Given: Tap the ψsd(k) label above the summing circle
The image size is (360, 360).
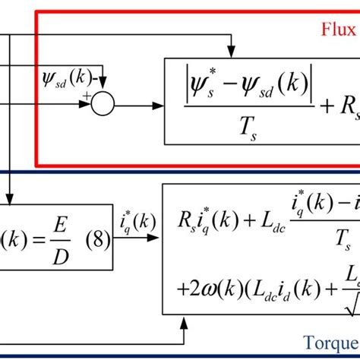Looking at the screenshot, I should [71, 77].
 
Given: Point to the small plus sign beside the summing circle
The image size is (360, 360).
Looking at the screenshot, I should [87, 96].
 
